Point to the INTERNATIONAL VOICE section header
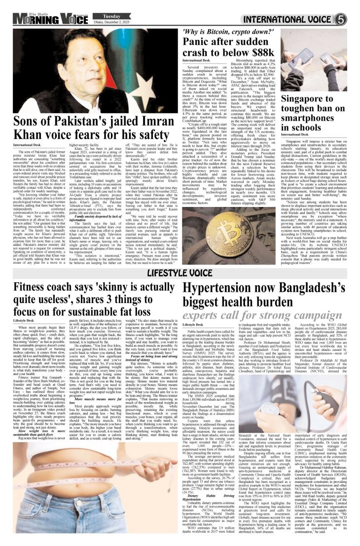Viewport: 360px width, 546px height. point(288,20)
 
